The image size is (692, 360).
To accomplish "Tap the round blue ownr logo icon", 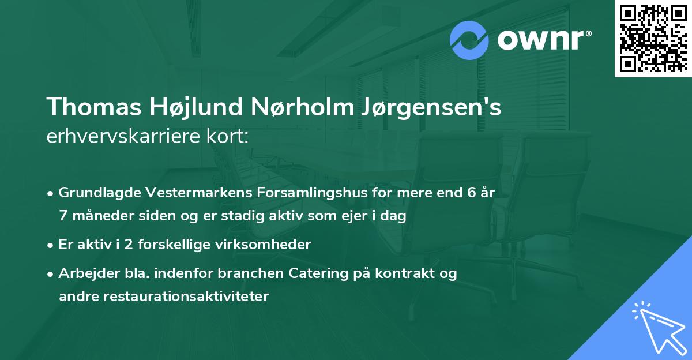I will click(469, 40).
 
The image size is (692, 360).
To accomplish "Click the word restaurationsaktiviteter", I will click(164, 297).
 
